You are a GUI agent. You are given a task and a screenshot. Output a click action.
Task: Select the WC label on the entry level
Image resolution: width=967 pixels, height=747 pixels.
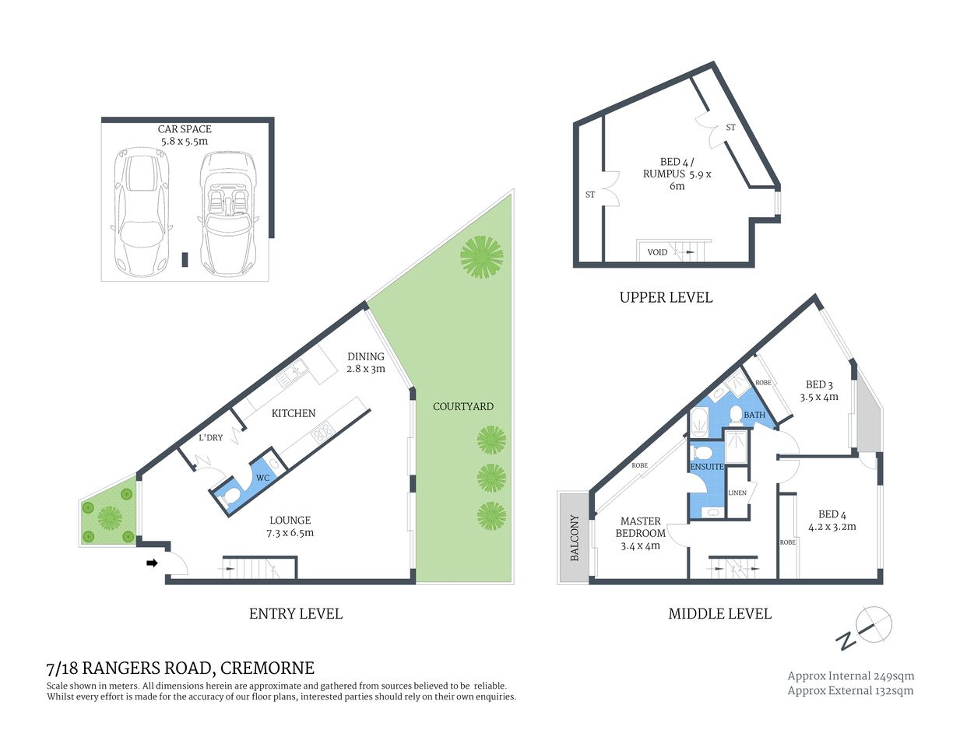click(262, 478)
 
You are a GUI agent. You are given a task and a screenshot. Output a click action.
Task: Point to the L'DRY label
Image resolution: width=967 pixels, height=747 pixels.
click(210, 438)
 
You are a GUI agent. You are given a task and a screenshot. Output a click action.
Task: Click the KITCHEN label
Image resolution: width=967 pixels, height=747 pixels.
click(294, 413)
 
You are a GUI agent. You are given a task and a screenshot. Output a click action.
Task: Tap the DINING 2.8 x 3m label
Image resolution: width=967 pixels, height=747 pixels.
click(366, 363)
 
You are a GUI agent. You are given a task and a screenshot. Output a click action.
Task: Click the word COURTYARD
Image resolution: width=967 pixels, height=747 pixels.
click(463, 406)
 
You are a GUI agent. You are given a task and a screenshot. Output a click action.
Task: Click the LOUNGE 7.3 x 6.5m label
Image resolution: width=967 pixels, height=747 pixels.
click(290, 526)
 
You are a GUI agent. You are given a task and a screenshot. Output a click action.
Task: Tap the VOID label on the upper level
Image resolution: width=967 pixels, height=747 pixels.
click(657, 252)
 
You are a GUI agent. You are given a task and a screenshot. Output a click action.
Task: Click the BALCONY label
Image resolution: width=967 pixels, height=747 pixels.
click(575, 538)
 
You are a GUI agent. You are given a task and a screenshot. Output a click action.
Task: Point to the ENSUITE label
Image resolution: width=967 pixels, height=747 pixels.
click(707, 467)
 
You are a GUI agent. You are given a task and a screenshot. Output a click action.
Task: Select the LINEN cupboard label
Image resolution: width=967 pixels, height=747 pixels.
click(737, 493)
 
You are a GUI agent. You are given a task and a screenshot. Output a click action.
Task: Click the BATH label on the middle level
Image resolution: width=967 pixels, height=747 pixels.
click(754, 415)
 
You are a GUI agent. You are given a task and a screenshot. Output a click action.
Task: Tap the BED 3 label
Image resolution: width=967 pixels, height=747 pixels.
click(819, 391)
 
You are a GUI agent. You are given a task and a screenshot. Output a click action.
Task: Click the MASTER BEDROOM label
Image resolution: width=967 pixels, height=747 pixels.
click(640, 533)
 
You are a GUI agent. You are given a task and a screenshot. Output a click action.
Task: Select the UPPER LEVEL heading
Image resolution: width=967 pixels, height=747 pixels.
click(666, 297)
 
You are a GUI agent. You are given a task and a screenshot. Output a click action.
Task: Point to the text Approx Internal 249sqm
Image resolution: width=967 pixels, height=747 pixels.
click(850, 676)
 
